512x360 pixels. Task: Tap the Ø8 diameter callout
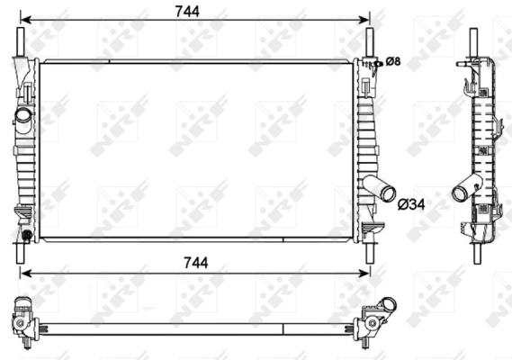click(x=393, y=61)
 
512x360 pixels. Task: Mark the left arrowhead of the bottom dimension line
click(x=23, y=272)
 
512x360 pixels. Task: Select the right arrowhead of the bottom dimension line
click(x=365, y=272)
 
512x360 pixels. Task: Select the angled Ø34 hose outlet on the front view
click(x=382, y=191)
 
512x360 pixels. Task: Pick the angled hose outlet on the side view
click(x=464, y=191)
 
